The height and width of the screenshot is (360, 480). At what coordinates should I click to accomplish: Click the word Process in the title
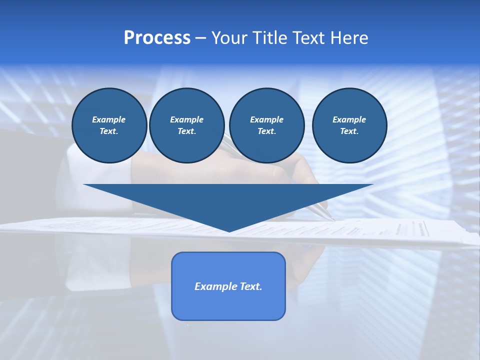[157, 38]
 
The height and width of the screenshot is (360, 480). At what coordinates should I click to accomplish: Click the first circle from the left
[109, 125]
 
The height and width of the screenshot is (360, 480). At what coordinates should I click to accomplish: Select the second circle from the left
[187, 125]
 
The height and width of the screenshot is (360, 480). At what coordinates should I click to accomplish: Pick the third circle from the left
[266, 125]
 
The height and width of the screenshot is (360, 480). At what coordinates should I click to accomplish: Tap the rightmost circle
[349, 125]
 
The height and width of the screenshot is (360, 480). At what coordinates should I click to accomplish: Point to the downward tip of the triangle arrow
[229, 230]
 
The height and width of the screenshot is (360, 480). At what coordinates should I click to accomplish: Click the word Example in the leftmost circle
[109, 119]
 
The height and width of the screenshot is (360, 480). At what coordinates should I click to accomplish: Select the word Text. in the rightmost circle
[349, 131]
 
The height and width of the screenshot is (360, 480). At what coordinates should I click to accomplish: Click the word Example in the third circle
[266, 119]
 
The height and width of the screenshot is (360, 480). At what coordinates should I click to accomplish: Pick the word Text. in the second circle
[187, 131]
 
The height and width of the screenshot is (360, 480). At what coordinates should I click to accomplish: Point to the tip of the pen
[333, 219]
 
